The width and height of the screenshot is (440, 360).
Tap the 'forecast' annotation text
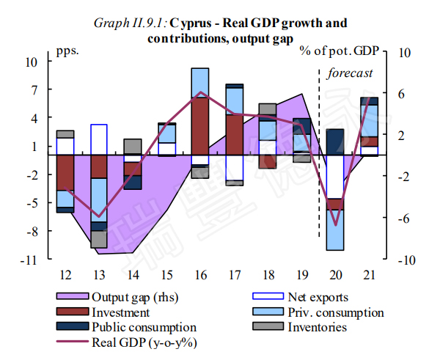[x=350, y=73]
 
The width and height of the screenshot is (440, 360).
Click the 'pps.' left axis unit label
[x=67, y=51]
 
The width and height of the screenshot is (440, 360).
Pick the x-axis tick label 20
[x=335, y=274]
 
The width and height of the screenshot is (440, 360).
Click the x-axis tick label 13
[x=99, y=274]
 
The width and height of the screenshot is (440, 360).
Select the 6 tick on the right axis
[x=401, y=94]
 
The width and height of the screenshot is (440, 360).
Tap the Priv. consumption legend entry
[x=335, y=312]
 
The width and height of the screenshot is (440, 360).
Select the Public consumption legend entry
[x=144, y=327]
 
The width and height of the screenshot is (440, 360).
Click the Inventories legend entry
[x=318, y=327]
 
